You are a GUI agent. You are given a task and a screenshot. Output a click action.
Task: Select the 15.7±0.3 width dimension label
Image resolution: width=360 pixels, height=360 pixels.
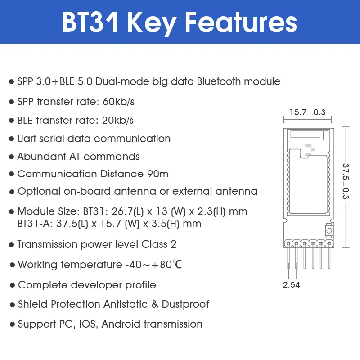tap(307, 112)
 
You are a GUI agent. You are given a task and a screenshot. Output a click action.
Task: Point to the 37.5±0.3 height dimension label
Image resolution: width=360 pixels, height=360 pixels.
tap(346, 181)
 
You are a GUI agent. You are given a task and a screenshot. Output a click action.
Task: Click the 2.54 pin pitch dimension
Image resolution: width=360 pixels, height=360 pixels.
tap(292, 285)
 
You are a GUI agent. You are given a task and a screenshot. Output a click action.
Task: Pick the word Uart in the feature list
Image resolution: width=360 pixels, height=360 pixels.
tap(27, 139)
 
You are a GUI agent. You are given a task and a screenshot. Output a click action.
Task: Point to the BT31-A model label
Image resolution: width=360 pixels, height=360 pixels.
tap(33, 224)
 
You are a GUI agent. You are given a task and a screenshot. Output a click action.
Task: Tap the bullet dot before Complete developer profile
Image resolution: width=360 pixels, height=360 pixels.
tap(12, 285)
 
